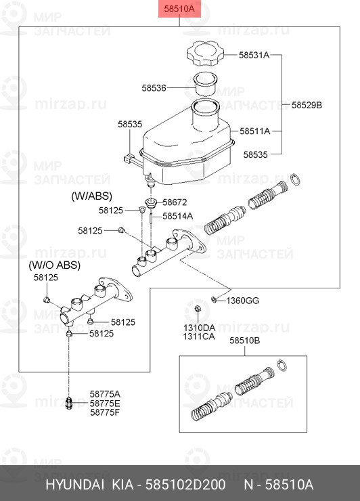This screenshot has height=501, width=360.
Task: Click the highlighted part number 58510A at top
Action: coord(179,9)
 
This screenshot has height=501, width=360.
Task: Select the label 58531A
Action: coord(254,55)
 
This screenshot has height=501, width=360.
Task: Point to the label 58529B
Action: coord(307,105)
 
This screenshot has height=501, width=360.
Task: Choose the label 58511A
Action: coord(254,131)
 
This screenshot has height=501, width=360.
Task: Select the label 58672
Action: coord(175,202)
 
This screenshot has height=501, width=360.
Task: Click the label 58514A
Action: coord(177,216)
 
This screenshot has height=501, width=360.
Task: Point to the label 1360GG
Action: coord(242,300)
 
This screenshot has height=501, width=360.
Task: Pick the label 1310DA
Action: coord(198,327)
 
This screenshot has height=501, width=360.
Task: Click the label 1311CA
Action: coord(198,336)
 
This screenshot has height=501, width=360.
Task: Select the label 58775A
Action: coord(105,393)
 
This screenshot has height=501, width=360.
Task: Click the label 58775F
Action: coord(105,412)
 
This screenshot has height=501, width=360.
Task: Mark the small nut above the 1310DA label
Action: coord(197,310)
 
